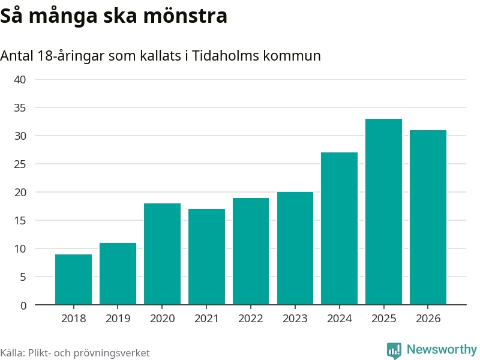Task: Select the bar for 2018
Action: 73,280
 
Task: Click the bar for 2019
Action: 118,274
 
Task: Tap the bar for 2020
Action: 162,254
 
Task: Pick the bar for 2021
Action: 206,257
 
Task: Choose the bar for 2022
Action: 251,251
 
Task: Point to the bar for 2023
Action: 295,248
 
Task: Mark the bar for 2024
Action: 339,229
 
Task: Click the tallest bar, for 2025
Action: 383,212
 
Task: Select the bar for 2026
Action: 428,217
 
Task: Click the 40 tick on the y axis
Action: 20,80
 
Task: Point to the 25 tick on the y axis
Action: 20,164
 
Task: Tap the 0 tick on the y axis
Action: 23,305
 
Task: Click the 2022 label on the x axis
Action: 251,319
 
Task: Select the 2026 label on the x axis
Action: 428,319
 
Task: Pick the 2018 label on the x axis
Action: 73,319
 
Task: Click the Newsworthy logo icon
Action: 394,350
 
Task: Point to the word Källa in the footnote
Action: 12,353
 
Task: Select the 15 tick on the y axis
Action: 20,221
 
